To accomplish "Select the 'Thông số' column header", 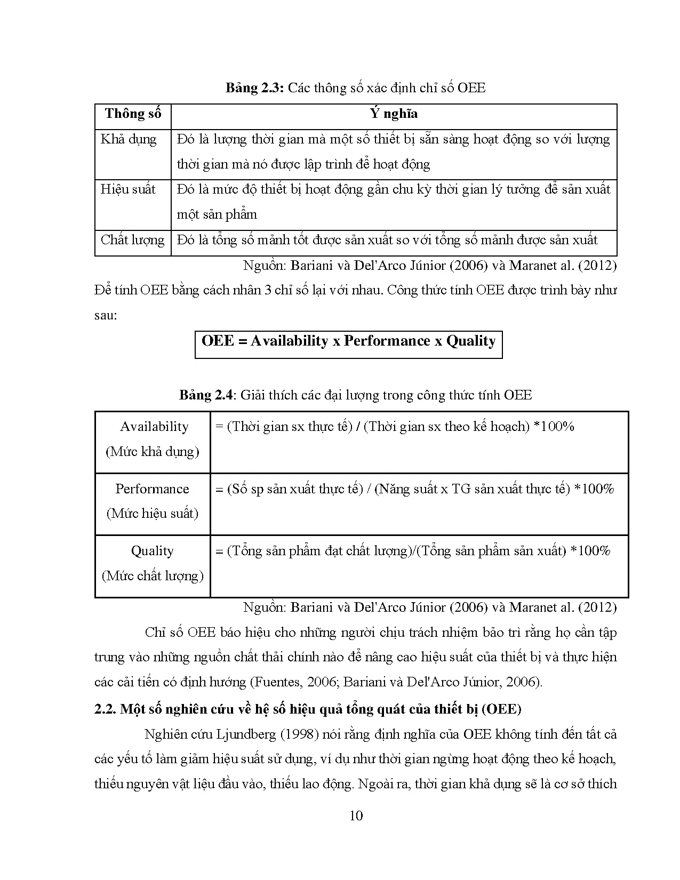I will click(133, 114).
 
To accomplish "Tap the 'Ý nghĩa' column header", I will click(394, 114).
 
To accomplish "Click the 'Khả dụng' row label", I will click(129, 139).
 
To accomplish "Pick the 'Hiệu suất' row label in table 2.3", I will click(128, 189).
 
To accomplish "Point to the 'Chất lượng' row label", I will click(132, 240).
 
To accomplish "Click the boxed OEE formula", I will click(348, 341).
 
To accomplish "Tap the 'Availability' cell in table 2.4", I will click(154, 427).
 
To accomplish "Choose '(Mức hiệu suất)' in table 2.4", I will click(153, 514).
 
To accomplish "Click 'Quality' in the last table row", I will click(153, 551).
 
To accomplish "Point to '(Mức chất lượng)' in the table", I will click(153, 576).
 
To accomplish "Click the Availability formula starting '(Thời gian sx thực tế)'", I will click(395, 427).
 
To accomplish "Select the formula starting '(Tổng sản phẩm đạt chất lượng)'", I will click(413, 551).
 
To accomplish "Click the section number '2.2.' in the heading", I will click(105, 709).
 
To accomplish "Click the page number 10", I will click(356, 815).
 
